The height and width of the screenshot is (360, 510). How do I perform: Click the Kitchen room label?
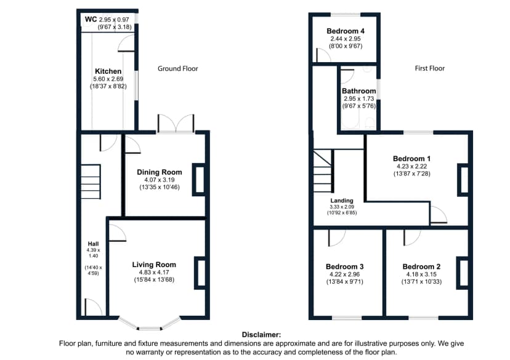(x=108, y=71)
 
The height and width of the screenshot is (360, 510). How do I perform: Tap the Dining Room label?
(x=160, y=172)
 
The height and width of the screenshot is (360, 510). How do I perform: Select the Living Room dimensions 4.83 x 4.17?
(x=154, y=272)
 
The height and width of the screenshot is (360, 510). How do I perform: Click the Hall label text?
(x=94, y=244)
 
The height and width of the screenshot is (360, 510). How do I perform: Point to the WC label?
(x=91, y=19)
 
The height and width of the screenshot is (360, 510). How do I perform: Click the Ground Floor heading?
(x=178, y=68)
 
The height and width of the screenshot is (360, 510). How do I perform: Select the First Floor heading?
(x=430, y=68)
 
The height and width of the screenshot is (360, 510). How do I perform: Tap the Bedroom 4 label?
(x=346, y=31)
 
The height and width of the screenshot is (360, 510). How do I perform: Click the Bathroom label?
(x=358, y=91)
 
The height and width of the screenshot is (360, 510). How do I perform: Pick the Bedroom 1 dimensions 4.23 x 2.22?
(x=412, y=166)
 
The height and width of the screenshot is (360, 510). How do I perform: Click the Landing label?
(x=342, y=201)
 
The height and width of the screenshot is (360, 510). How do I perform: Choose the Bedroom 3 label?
(x=345, y=266)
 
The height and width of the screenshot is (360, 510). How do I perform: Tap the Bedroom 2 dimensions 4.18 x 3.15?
(x=421, y=274)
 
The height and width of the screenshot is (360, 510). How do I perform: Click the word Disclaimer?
(x=261, y=335)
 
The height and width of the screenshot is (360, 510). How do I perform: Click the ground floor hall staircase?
(x=91, y=182)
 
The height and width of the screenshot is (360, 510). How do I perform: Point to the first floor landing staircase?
(x=323, y=171)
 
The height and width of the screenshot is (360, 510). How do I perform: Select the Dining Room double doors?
(x=176, y=124)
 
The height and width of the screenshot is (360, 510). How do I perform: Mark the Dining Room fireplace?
(x=199, y=180)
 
